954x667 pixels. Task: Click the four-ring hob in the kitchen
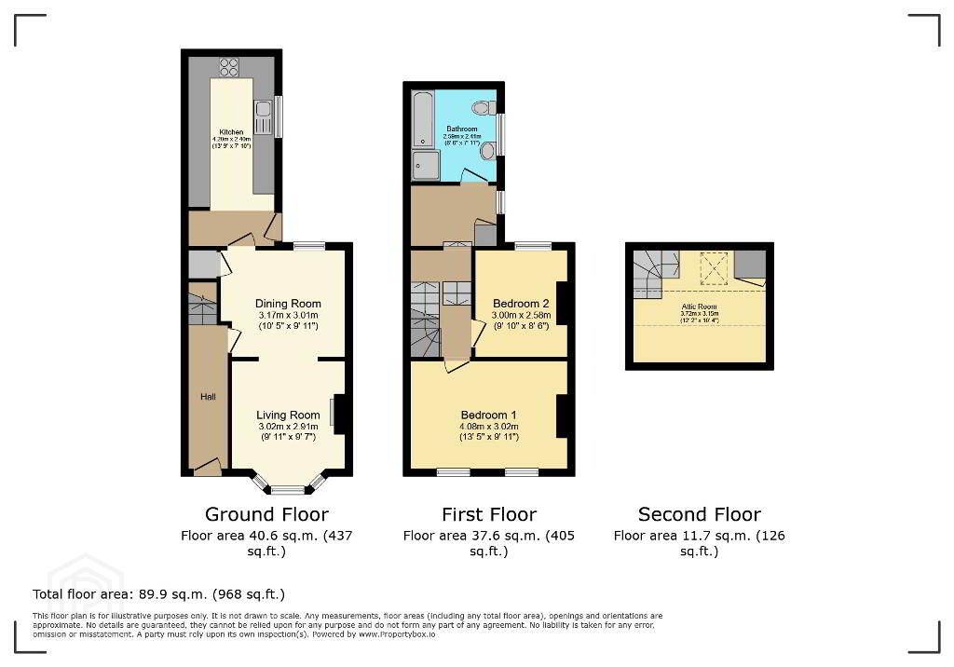(229, 67)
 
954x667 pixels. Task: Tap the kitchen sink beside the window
(264, 117)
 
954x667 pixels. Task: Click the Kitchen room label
(231, 132)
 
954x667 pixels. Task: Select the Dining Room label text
(288, 304)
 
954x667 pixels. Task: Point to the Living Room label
(288, 415)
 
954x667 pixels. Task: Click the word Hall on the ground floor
(207, 397)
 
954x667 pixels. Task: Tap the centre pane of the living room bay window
(289, 489)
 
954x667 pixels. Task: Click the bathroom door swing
(474, 176)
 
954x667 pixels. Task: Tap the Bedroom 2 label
(520, 304)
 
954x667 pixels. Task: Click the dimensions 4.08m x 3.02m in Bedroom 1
(489, 427)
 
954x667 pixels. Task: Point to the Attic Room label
(699, 306)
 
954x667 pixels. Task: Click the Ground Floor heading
(266, 514)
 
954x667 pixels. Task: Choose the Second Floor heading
(699, 514)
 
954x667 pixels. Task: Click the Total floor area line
(158, 594)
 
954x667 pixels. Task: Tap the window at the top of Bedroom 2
(532, 246)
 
